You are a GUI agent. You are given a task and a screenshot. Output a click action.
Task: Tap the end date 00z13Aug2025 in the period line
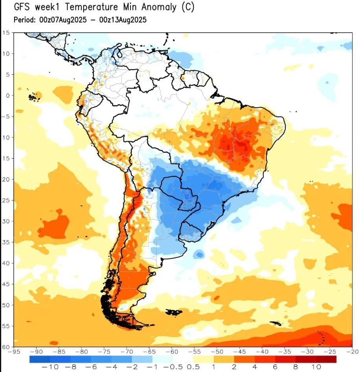pyautogui.click(x=123, y=20)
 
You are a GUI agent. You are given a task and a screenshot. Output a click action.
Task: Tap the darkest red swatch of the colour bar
pyautogui.click(x=326, y=359)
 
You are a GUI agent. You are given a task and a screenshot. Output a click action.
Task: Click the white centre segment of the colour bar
pyautogui.click(x=183, y=359)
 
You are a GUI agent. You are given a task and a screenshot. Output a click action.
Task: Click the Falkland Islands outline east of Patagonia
pyautogui.click(x=173, y=312)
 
